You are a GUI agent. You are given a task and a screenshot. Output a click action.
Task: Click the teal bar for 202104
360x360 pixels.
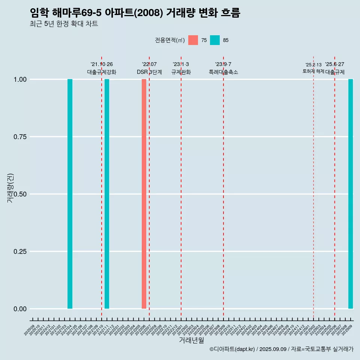[x=70, y=194]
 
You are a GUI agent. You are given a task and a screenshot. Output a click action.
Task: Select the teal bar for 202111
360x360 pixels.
[x=107, y=194]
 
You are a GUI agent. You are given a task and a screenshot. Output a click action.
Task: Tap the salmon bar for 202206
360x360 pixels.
[x=144, y=194]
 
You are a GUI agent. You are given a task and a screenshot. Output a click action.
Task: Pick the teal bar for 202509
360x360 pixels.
[x=351, y=194]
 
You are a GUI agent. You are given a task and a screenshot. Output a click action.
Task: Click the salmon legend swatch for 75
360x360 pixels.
[x=193, y=40]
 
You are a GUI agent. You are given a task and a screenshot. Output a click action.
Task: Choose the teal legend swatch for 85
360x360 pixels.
[x=215, y=40]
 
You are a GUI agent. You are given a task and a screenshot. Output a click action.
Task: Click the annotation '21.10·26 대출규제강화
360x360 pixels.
[x=102, y=68]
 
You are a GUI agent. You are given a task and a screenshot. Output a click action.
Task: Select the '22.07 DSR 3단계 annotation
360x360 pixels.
[x=149, y=68]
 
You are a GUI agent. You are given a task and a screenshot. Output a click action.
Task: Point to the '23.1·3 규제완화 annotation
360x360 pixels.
[x=181, y=68]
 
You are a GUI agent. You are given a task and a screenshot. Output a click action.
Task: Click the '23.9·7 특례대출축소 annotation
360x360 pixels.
[x=223, y=68]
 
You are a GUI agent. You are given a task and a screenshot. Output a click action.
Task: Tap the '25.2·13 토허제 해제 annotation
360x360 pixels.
[x=313, y=68]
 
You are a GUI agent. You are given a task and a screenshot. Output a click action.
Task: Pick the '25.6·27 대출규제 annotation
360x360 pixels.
[x=334, y=68]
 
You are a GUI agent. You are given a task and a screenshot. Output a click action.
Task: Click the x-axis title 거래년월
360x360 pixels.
[x=192, y=340]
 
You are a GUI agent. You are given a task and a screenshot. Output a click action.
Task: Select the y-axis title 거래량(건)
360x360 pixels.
[x=10, y=188]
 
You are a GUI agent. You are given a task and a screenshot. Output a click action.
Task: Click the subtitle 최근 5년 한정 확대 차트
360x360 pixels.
[x=64, y=24]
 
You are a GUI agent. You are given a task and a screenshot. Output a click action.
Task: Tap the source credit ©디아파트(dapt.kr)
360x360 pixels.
[x=232, y=349]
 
